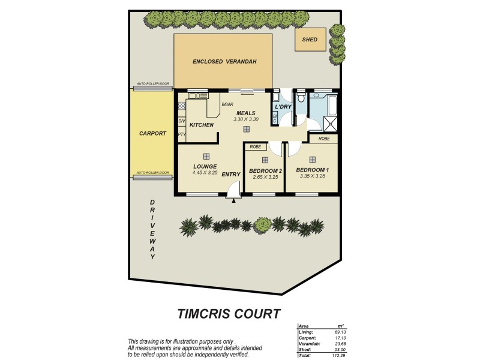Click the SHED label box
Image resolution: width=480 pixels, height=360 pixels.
(x=310, y=40)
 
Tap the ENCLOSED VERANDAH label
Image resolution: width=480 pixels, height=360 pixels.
(x=224, y=62)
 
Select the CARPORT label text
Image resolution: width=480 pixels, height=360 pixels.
(x=152, y=133)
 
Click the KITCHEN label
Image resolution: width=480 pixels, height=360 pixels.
(x=202, y=125)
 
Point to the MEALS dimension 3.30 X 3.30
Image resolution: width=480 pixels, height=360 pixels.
(x=246, y=119)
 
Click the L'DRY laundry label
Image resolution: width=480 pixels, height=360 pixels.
(x=283, y=107)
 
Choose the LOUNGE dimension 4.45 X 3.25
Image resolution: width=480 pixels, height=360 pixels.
(x=205, y=173)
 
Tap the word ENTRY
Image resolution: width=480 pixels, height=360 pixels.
(x=231, y=175)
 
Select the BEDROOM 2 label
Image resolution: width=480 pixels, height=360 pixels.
(x=265, y=170)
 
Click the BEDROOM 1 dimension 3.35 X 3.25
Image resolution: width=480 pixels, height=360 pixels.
(x=313, y=176)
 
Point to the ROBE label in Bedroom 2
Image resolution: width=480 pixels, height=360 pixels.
(x=254, y=146)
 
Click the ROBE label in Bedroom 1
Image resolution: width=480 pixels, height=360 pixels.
(x=324, y=139)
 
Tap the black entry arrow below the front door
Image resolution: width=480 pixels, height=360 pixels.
(x=233, y=201)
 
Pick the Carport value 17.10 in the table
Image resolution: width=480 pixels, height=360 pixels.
(x=341, y=338)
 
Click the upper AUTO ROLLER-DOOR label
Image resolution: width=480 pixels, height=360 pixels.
(x=153, y=84)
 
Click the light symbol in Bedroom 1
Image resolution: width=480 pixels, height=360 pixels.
(x=313, y=160)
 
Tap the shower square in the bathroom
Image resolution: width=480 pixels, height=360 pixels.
(x=328, y=125)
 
